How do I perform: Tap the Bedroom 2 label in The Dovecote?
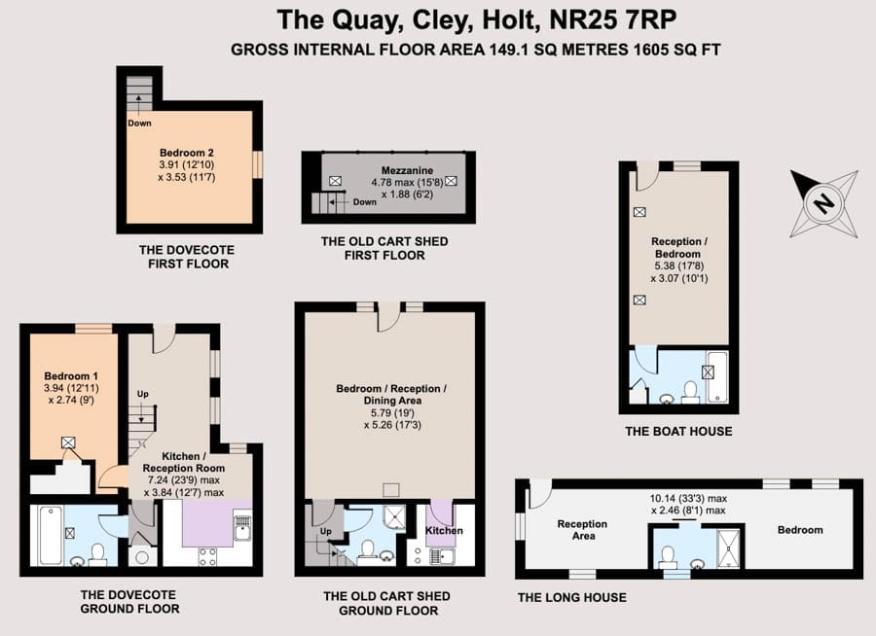(x=187, y=153)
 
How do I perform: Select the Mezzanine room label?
(x=407, y=170)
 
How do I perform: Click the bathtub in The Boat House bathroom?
(x=717, y=377)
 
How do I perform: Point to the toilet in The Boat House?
(x=690, y=392)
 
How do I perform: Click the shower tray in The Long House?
(x=728, y=548)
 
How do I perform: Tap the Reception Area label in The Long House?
(x=582, y=530)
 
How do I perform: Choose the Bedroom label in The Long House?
(x=800, y=530)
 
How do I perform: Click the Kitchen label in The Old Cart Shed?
(x=444, y=530)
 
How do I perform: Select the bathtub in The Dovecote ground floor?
(x=51, y=535)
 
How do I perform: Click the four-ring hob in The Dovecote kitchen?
(x=208, y=556)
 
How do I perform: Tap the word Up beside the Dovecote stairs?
(x=143, y=394)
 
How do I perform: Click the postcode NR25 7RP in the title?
(x=613, y=20)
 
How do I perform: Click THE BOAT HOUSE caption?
(x=678, y=431)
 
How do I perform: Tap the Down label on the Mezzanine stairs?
(x=365, y=202)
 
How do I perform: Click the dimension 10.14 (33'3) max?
(x=688, y=498)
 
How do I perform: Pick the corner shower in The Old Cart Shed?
(x=395, y=517)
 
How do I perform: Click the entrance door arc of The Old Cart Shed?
(x=390, y=322)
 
